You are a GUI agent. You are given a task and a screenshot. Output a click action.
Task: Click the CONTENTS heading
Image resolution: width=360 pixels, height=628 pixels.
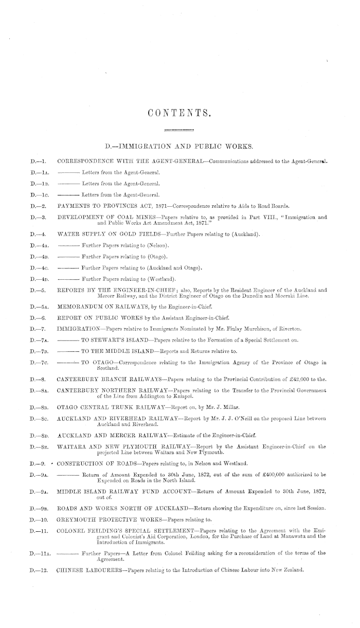179,113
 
